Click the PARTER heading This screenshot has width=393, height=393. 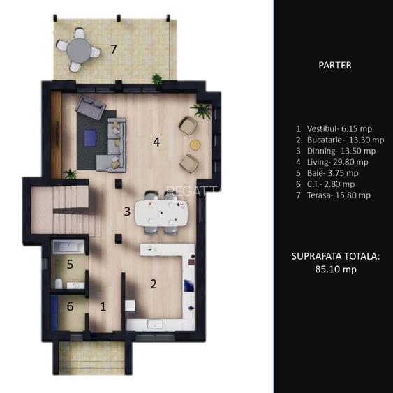(x=334, y=65)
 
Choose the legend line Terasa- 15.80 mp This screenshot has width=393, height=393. (x=332, y=195)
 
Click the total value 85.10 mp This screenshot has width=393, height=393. (x=335, y=269)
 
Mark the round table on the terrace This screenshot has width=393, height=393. (x=79, y=50)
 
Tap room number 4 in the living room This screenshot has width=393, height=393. (x=157, y=142)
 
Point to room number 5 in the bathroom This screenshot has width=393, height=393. (x=70, y=265)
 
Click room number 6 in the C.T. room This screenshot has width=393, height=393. (x=70, y=306)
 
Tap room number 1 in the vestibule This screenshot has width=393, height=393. (x=103, y=306)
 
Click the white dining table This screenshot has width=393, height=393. (x=162, y=212)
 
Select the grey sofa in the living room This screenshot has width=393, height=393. (x=112, y=143)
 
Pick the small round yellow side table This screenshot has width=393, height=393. (x=195, y=144)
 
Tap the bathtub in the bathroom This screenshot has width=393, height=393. (x=68, y=247)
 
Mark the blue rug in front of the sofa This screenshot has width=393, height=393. (x=91, y=138)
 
